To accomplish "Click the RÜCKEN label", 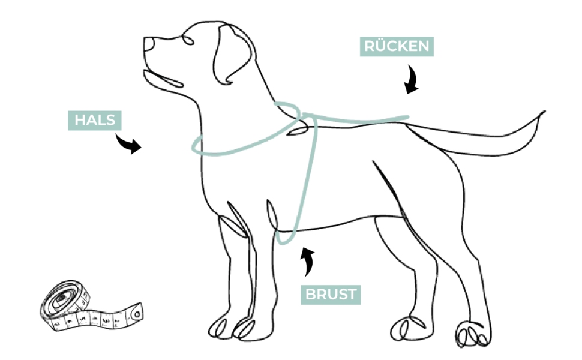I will click(x=397, y=47).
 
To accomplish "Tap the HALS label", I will click(x=94, y=120).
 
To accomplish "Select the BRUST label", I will click(x=331, y=295).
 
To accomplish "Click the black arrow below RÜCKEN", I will click(x=412, y=81).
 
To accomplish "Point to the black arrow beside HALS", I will click(x=128, y=144).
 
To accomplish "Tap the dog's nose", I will click(x=148, y=44).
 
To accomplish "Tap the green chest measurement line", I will click(x=307, y=180).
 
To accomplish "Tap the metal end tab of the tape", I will click(x=137, y=313).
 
